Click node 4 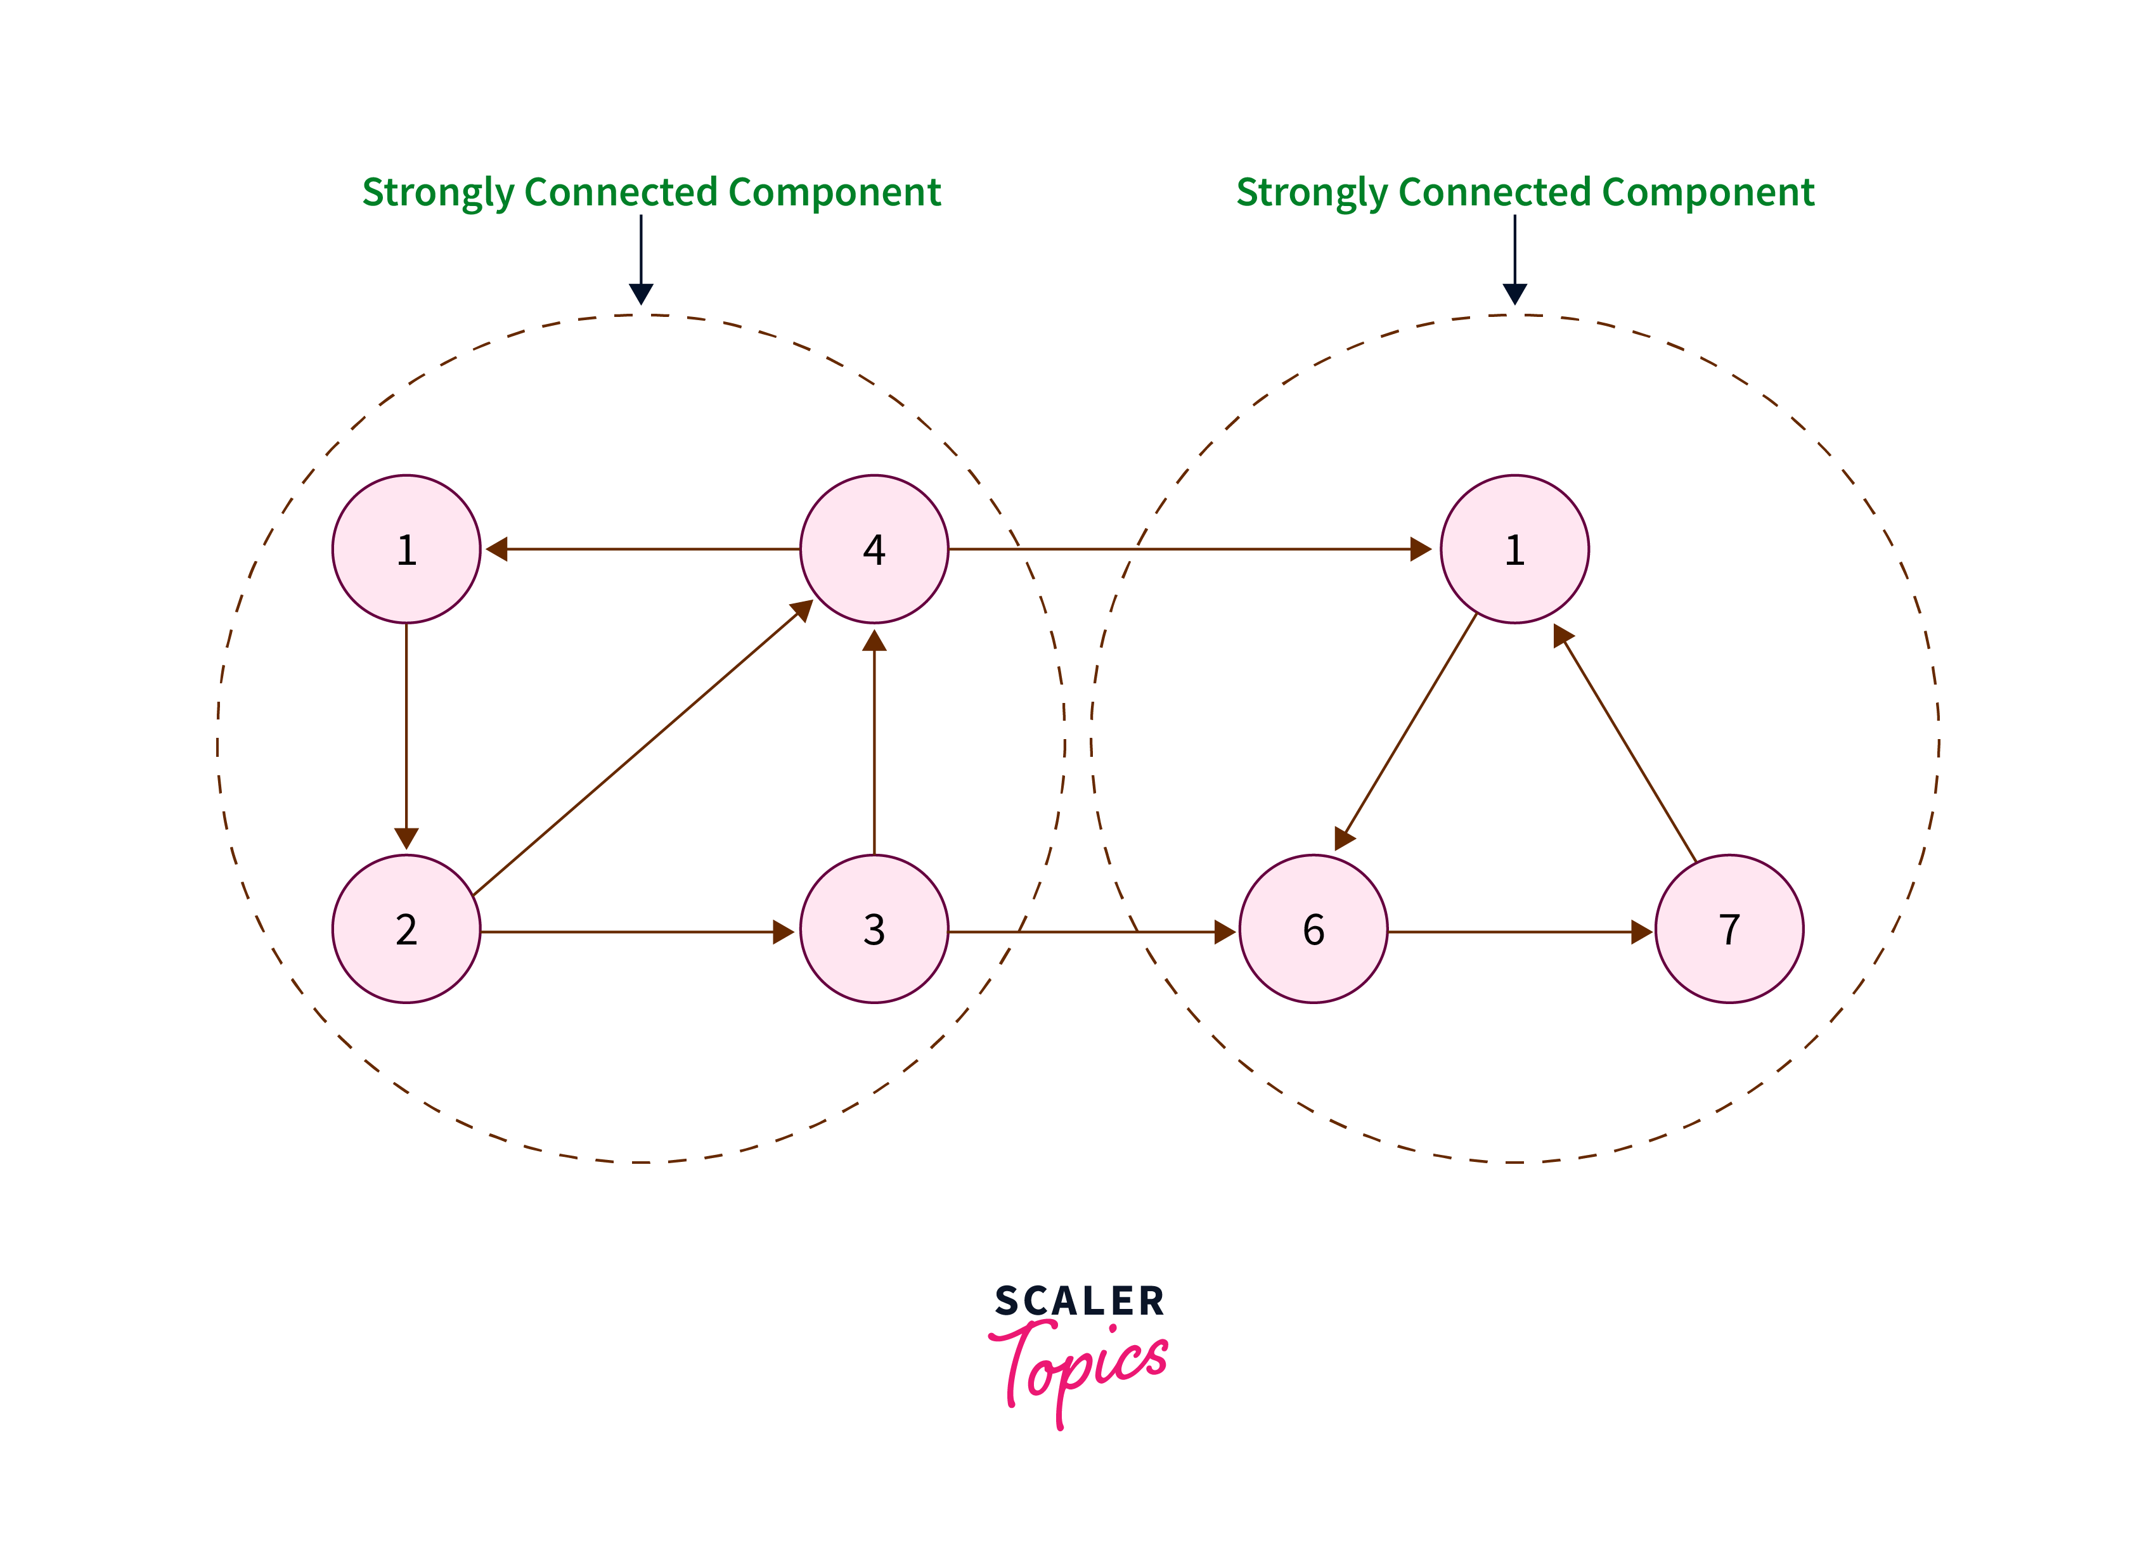874,550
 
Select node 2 406,929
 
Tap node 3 874,929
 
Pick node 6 1313,929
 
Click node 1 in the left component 406,550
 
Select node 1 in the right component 1514,550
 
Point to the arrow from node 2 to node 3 637,931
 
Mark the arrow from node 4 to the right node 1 1188,550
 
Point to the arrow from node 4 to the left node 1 642,550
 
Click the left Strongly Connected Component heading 651,192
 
